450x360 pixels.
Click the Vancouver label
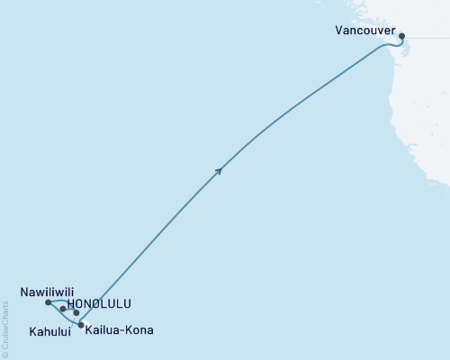click(x=364, y=30)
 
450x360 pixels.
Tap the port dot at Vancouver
click(x=402, y=37)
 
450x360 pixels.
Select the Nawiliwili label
click(x=48, y=292)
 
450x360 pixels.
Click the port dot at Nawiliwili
click(x=48, y=302)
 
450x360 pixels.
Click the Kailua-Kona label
click(x=120, y=330)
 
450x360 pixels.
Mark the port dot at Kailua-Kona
click(x=81, y=324)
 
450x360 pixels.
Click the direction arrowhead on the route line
click(x=219, y=169)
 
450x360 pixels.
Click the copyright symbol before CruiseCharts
click(x=6, y=355)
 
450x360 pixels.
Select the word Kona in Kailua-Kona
click(x=139, y=330)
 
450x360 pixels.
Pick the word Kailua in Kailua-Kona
click(x=103, y=330)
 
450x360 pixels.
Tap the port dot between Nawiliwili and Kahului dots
click(x=63, y=309)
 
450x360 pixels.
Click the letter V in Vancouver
click(x=338, y=30)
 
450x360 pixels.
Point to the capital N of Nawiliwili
click(x=22, y=292)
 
